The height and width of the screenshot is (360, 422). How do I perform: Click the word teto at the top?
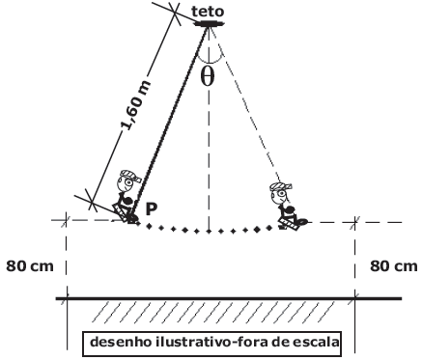click(x=208, y=12)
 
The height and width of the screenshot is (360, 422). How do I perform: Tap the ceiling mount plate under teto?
click(x=210, y=23)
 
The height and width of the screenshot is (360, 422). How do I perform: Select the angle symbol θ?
click(x=207, y=77)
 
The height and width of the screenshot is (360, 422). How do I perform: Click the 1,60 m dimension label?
click(x=136, y=105)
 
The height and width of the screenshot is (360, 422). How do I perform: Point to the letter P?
click(x=152, y=209)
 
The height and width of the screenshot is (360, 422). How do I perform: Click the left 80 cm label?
click(x=30, y=266)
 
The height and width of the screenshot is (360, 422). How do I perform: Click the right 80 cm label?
click(x=393, y=266)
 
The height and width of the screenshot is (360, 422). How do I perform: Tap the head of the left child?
click(x=127, y=180)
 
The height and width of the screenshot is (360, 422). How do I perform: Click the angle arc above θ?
click(x=210, y=61)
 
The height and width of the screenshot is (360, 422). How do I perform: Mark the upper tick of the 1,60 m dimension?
click(x=175, y=13)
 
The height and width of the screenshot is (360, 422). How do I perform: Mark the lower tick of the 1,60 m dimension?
click(x=92, y=202)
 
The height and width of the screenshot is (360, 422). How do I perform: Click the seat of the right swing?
click(x=290, y=224)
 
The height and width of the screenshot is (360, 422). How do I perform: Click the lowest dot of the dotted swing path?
click(x=209, y=232)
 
